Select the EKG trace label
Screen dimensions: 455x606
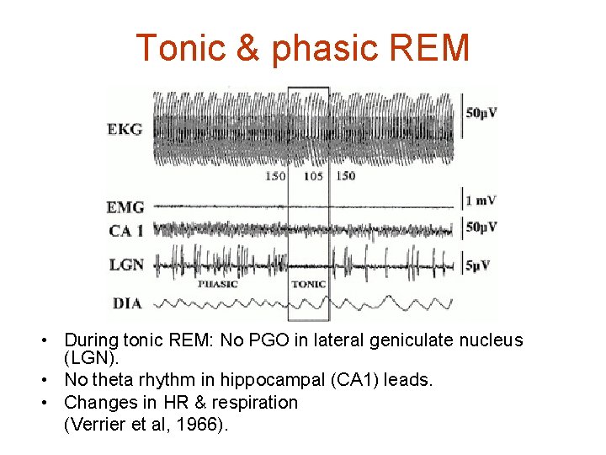(125, 129)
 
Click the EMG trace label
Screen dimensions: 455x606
(125, 206)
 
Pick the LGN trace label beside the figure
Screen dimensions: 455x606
(125, 265)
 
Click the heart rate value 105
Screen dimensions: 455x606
(313, 176)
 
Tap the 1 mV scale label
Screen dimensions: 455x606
(480, 201)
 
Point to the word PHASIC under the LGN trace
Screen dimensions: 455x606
(217, 284)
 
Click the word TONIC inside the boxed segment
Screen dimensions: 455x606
(308, 284)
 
